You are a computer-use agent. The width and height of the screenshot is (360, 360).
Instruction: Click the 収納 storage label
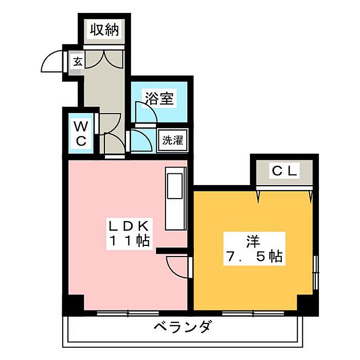(x=105, y=30)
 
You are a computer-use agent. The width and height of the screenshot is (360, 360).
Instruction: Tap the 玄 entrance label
(x=77, y=62)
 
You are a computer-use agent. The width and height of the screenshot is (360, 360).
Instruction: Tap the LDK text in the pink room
(x=129, y=226)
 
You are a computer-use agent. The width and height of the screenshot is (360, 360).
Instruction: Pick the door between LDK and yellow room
(x=177, y=266)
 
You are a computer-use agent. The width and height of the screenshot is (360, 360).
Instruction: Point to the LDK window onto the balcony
(x=120, y=312)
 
